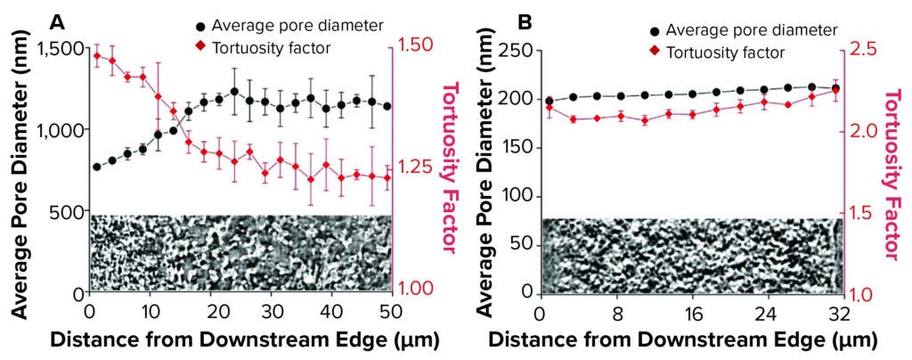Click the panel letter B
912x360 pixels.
501,20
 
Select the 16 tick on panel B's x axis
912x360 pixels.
689,314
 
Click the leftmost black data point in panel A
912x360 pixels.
96,167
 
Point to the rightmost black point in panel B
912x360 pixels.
835,88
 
